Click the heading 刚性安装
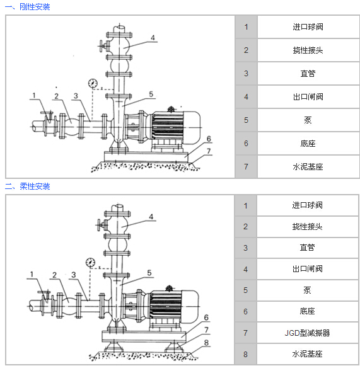[x=35, y=7]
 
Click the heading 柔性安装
[x=35, y=186]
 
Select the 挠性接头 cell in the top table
[x=308, y=50]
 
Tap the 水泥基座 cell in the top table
[x=308, y=167]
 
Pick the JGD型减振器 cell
[x=308, y=333]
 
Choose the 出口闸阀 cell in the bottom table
[x=308, y=269]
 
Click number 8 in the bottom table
[x=245, y=354]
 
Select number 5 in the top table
[x=247, y=120]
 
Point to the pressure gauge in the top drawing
[x=93, y=83]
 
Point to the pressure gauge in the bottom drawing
[x=90, y=262]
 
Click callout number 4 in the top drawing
[x=153, y=38]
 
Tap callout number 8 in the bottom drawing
[x=206, y=343]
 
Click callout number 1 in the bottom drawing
[x=32, y=274]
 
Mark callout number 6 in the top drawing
[x=209, y=139]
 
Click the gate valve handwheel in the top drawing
[x=101, y=46]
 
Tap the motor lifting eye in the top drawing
[x=171, y=109]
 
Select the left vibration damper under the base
[x=113, y=346]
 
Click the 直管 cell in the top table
[x=308, y=74]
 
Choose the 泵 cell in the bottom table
[x=308, y=290]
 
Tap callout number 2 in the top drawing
[x=56, y=96]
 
